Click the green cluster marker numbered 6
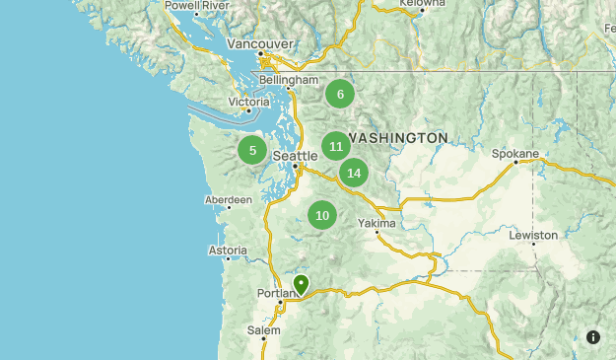coord(340,95)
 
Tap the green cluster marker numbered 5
coord(252,150)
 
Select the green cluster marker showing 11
coord(336,146)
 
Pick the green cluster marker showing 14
coord(354,173)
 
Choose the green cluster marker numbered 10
coord(322,215)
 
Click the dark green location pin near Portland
coord(302,285)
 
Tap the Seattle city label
coord(295,156)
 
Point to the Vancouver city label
coord(260,44)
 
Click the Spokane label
coord(516,154)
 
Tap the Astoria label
coord(228,251)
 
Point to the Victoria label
coord(248,102)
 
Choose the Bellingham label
coord(290,80)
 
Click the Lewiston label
coord(533,235)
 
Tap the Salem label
coord(264,329)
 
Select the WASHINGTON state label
coord(397,137)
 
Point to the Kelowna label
coord(423,4)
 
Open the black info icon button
coord(593,337)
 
